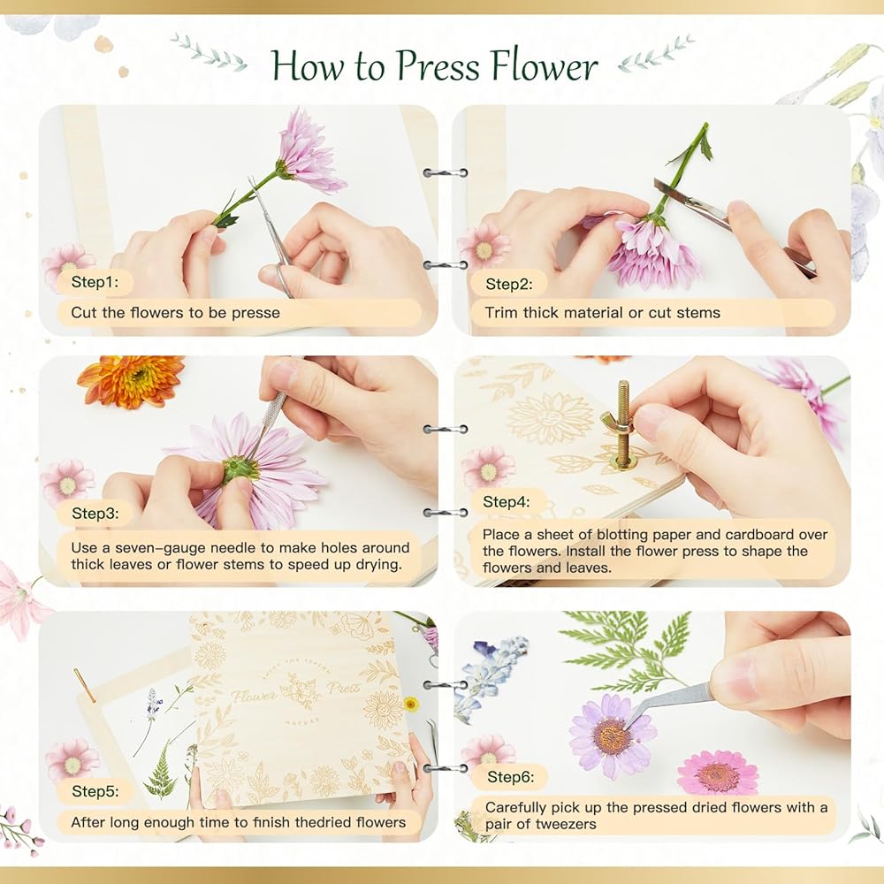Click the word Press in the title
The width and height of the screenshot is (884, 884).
(x=438, y=66)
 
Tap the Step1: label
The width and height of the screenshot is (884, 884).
(x=95, y=282)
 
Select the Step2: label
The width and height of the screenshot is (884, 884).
(x=508, y=284)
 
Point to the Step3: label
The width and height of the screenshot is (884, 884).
(x=95, y=513)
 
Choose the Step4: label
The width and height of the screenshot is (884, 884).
(x=507, y=502)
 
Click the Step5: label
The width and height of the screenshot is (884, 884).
(x=95, y=791)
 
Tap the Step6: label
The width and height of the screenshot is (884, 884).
(x=510, y=777)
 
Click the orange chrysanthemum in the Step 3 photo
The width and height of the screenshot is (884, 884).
(x=131, y=380)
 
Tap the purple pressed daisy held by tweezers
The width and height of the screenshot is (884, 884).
(x=613, y=735)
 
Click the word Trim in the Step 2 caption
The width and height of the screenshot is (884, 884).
(x=501, y=313)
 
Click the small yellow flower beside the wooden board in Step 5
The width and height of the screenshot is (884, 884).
(x=412, y=704)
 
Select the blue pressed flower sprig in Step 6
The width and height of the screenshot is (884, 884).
(x=489, y=674)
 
